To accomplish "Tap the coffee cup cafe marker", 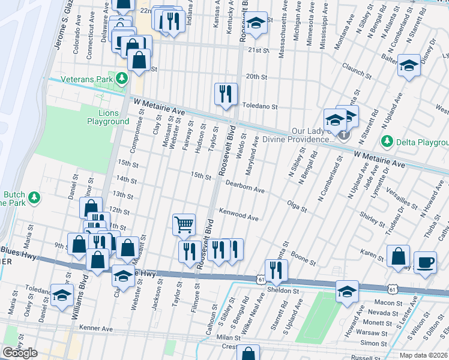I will [426, 262].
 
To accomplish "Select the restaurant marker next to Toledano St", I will [226, 94].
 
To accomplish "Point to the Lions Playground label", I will [107, 117].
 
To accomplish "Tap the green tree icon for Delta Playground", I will [387, 142].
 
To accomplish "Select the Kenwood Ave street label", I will [238, 215].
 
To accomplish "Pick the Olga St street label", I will [297, 207].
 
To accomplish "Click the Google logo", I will [20, 353].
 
